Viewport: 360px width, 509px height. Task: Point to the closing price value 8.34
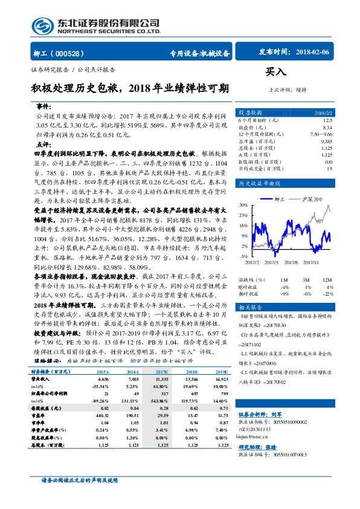tap(327, 128)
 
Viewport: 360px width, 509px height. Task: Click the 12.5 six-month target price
tap(327, 121)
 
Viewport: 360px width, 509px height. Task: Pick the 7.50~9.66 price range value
tap(320, 134)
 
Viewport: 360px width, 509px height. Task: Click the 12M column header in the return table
tap(327, 280)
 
